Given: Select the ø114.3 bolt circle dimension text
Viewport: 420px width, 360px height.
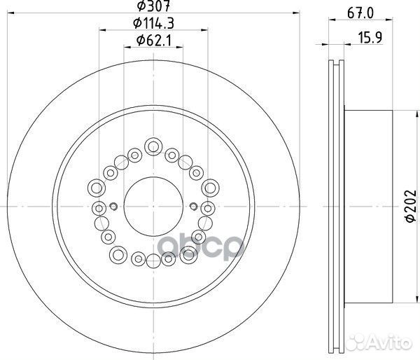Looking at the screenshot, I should [x=153, y=25].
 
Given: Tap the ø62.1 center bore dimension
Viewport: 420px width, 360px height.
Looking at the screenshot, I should [x=153, y=41].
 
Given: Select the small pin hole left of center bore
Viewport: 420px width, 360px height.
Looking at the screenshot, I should [x=113, y=206].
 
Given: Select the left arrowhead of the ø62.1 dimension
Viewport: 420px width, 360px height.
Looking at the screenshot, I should [x=127, y=47].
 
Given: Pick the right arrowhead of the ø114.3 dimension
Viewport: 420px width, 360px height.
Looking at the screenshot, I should [x=204, y=30].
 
